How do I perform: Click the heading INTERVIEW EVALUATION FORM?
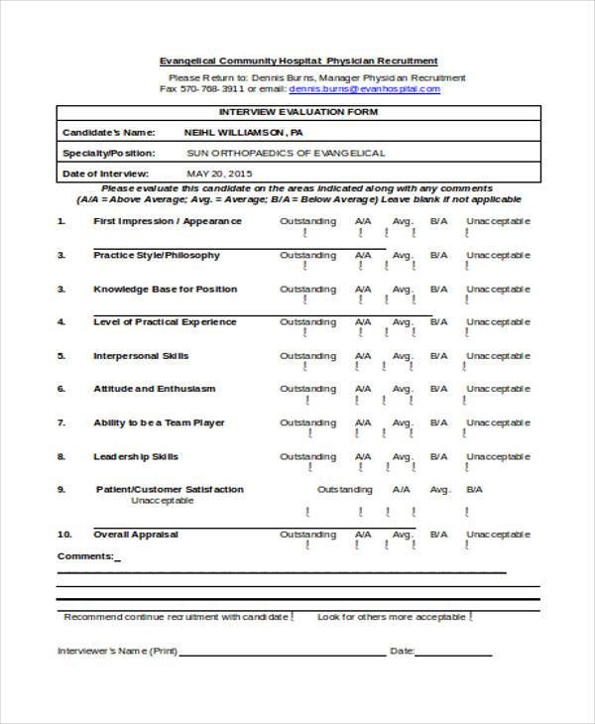[297, 111]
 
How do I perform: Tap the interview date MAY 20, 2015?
[219, 174]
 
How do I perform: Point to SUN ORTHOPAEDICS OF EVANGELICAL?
[286, 153]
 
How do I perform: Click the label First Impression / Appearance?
[167, 220]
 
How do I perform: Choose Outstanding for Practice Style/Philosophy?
[307, 255]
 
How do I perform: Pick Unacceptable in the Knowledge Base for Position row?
[499, 289]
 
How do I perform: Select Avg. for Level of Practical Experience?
[402, 322]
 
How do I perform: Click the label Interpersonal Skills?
[141, 356]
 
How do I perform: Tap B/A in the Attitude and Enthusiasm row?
[438, 390]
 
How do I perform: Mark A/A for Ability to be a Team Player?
[364, 423]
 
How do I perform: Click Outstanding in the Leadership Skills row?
[307, 457]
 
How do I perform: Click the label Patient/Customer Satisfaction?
[170, 490]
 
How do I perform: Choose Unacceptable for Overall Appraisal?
[499, 535]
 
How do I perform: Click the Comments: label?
[86, 555]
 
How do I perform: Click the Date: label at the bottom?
[401, 652]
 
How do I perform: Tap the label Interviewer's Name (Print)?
[117, 652]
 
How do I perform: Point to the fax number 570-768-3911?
[210, 88]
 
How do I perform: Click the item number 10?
[63, 535]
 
